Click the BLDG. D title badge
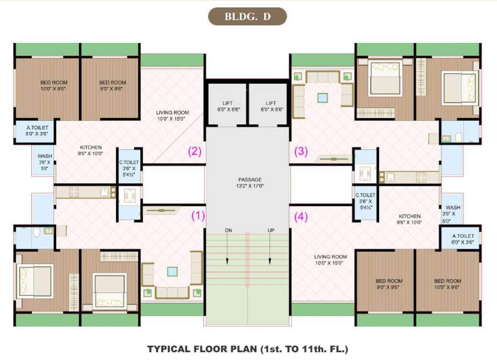pos(247,16)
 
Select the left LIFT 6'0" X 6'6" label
pos(227,106)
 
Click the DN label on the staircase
pos(228,230)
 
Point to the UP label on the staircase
pos(271,230)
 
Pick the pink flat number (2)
pos(194,151)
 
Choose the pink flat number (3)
pos(300,151)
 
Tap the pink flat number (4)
pos(301,217)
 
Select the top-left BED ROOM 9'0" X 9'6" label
pos(112,85)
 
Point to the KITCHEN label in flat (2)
pos(91,150)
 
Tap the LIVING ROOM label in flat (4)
pos(330,260)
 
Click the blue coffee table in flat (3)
pos(323,98)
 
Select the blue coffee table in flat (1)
pos(172,271)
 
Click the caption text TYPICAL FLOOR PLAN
pos(248,349)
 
